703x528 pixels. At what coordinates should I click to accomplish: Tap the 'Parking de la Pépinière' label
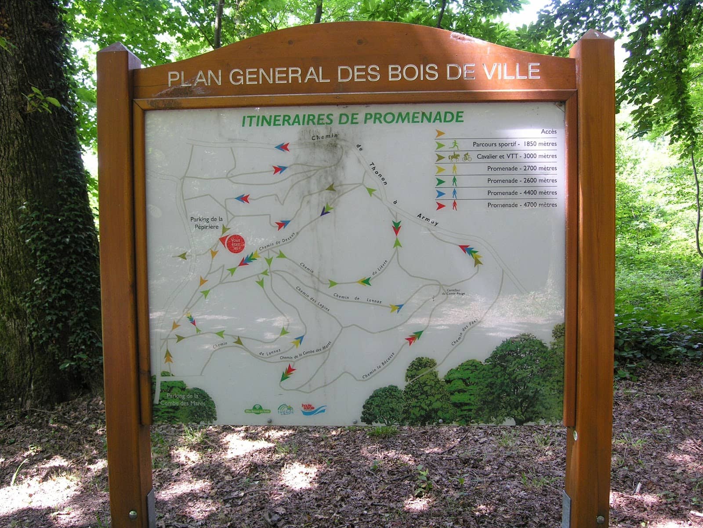point(207,222)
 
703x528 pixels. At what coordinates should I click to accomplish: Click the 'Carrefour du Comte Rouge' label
point(456,292)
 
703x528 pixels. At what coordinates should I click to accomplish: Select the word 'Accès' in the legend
point(549,132)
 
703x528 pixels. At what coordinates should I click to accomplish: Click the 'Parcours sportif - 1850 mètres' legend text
point(515,144)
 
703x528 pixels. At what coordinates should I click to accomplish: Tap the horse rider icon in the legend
point(453,156)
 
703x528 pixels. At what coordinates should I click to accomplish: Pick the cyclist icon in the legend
point(467,157)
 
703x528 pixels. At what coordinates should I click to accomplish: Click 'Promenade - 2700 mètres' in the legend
point(522,168)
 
